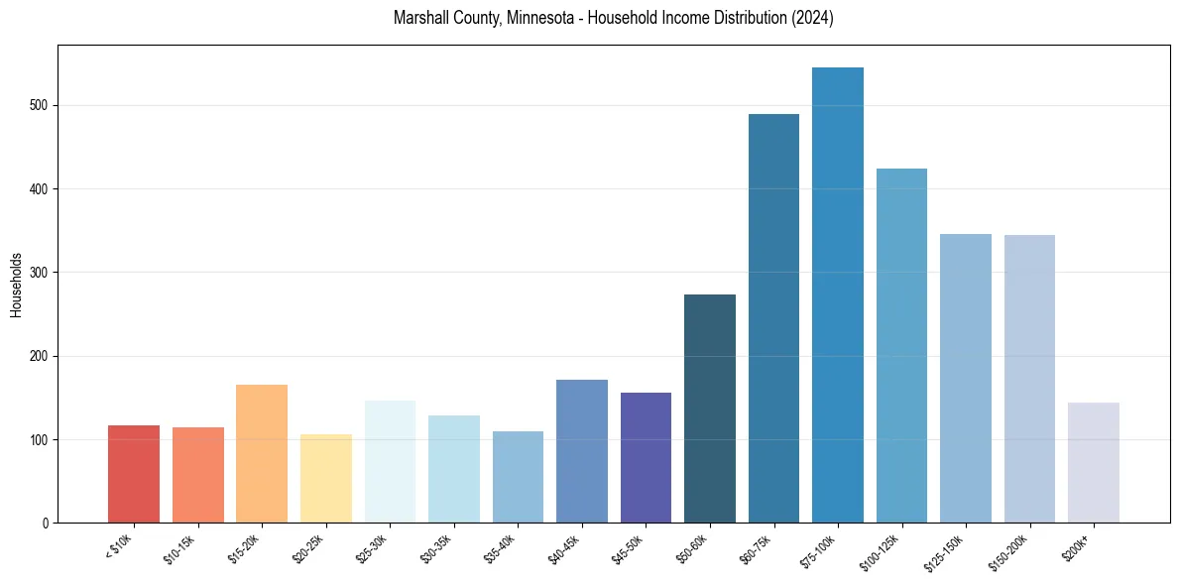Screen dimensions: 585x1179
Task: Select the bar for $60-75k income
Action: (x=773, y=318)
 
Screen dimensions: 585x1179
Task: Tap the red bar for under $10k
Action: (x=134, y=474)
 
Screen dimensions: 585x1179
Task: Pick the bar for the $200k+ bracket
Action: (x=1094, y=462)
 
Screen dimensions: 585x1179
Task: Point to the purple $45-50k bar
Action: (x=646, y=457)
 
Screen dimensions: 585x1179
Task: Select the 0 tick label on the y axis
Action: (x=49, y=523)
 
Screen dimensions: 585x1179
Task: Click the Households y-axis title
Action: (x=16, y=284)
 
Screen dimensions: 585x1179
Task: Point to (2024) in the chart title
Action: (x=812, y=19)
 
